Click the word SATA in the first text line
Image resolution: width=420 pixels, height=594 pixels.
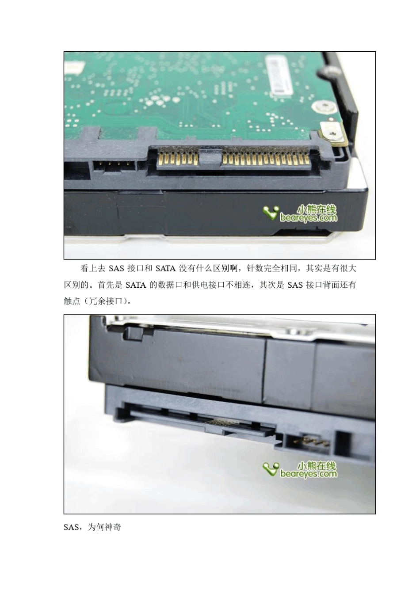(165, 269)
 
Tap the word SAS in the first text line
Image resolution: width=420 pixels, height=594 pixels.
(116, 269)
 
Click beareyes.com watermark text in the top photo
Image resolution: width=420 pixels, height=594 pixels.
(309, 218)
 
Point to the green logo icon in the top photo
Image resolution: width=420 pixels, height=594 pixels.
(271, 213)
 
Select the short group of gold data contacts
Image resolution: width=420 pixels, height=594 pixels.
(178, 159)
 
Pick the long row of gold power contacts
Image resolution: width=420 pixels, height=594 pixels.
(266, 159)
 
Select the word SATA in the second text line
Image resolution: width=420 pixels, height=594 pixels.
(136, 285)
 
